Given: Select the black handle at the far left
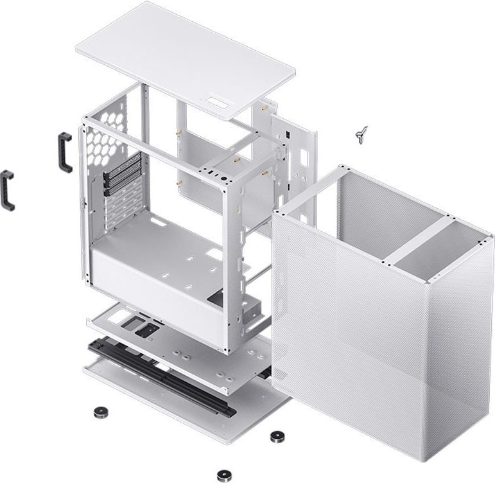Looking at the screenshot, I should point(7,191).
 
